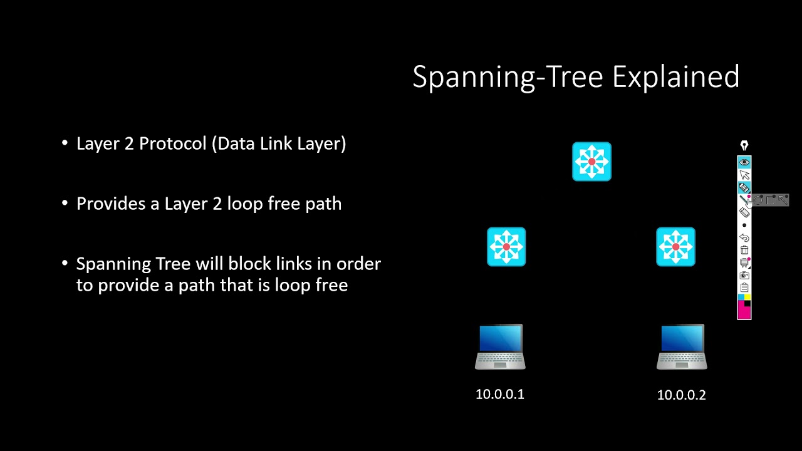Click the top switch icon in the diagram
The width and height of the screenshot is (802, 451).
[x=591, y=162]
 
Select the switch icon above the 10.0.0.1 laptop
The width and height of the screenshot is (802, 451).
[x=506, y=247]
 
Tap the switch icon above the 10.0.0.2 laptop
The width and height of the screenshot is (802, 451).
[x=675, y=247]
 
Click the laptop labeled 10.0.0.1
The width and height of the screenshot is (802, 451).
[x=500, y=347]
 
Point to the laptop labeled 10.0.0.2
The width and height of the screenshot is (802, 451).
[x=682, y=347]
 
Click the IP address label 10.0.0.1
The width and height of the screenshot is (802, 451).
[x=500, y=394]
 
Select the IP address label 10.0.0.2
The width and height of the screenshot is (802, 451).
[x=681, y=395]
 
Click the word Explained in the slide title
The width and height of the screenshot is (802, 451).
[x=675, y=77]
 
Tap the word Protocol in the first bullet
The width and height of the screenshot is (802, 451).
[x=173, y=144]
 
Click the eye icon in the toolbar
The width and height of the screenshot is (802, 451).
[x=744, y=162]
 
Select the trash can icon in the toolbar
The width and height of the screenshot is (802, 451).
[x=744, y=250]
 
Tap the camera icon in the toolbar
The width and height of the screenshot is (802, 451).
[x=744, y=275]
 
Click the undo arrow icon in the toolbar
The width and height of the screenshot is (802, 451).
[x=744, y=237]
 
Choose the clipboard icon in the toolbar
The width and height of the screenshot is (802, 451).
[x=744, y=288]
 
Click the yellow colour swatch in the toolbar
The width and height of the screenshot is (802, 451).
[x=747, y=297]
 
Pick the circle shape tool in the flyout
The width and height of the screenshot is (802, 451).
[x=758, y=200]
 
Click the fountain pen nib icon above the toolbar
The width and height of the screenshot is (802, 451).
[x=744, y=145]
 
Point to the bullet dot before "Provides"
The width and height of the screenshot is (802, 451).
[x=65, y=204]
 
